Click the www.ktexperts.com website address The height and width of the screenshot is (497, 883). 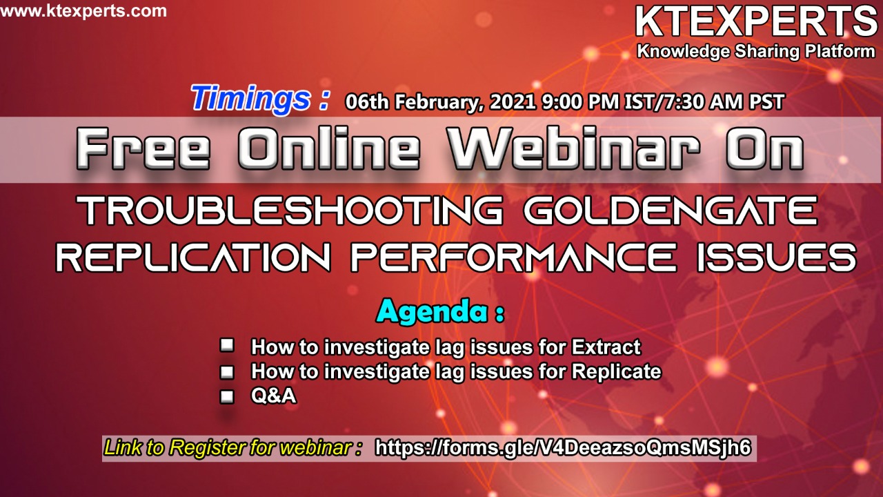click(83, 11)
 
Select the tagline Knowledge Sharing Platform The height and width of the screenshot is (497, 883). click(755, 52)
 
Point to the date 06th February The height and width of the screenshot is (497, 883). click(413, 101)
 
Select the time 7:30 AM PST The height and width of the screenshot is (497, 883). click(724, 101)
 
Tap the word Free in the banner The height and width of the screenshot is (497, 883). click(142, 148)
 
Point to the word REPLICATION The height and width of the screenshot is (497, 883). click(193, 257)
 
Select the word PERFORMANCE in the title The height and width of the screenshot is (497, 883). click(513, 257)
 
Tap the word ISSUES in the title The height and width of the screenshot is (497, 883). click(777, 257)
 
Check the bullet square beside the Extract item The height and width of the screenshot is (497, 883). click(227, 345)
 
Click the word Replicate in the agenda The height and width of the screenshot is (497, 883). click(616, 372)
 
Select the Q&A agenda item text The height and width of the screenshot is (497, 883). click(273, 396)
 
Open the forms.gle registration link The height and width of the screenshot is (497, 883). click(563, 448)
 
